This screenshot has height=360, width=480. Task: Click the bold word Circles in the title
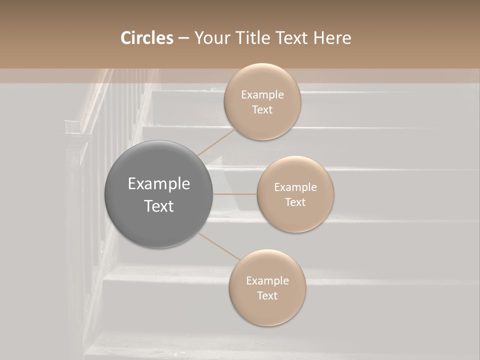coord(146,38)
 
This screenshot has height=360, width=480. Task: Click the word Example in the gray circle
coord(159,184)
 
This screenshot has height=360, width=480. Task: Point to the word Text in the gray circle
coord(159,206)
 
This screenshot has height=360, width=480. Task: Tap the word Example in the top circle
coord(262,94)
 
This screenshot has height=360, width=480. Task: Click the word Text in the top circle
coord(262,109)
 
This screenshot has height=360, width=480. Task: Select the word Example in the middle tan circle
coord(295,187)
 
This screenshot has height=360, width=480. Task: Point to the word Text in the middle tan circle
coord(295,202)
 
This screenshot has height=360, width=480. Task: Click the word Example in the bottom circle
coord(267,280)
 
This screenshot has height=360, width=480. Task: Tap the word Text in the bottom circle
coord(267,295)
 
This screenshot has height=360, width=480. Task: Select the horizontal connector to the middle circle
coord(235,194)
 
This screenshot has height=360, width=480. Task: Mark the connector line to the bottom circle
coord(219,246)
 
